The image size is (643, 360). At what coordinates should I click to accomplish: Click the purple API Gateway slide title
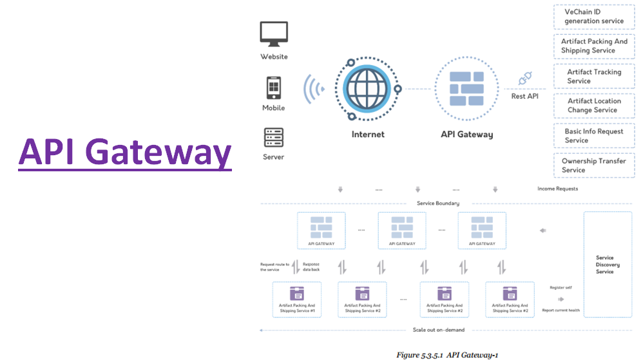[x=125, y=153]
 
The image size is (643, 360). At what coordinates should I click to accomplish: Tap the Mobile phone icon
[x=274, y=87]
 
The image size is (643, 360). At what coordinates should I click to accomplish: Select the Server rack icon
[x=274, y=137]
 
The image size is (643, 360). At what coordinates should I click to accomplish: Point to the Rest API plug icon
[x=525, y=79]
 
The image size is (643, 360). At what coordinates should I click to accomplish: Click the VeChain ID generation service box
[x=593, y=17]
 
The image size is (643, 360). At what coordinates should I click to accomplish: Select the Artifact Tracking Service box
[x=593, y=76]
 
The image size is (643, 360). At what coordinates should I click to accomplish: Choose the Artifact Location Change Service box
[x=593, y=106]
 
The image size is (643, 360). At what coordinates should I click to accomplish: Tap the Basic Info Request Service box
[x=593, y=135]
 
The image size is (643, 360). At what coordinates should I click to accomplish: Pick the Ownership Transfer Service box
[x=593, y=166]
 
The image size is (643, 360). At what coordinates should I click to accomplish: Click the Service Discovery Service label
[x=604, y=265]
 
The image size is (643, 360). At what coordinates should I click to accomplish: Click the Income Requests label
[x=557, y=189]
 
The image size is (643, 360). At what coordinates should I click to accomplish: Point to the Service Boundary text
[x=437, y=204]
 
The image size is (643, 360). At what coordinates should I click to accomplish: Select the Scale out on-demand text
[x=438, y=330]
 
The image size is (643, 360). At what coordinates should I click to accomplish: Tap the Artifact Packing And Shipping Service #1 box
[x=297, y=299]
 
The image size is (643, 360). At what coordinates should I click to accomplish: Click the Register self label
[x=561, y=287]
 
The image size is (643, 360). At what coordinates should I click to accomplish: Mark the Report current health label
[x=561, y=310]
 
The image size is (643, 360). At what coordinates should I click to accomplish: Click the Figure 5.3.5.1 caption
[x=447, y=354]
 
